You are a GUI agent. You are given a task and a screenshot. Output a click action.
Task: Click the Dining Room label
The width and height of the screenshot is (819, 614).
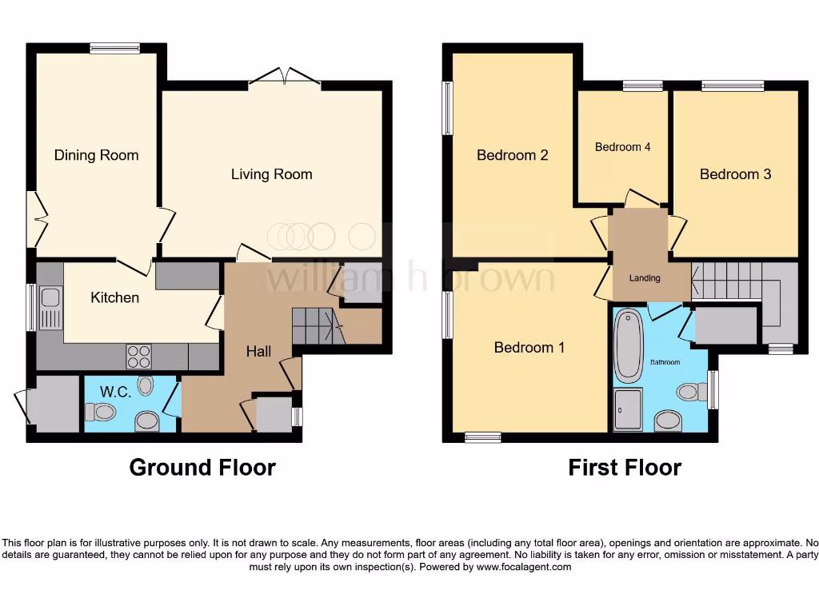pos(96,155)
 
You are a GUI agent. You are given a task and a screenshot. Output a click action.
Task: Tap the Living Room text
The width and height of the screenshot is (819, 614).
pos(271,174)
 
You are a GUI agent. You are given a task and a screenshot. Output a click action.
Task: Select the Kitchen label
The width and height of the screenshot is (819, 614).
pos(114,297)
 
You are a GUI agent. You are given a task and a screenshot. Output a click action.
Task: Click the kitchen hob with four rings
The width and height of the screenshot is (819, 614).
pos(138,354)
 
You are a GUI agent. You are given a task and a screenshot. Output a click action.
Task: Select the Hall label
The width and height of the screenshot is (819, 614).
pos(258,351)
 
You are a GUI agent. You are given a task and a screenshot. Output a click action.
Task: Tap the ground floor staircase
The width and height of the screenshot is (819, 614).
pos(316,325)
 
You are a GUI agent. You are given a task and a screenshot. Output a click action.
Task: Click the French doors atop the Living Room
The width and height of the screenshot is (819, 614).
pos(285,77)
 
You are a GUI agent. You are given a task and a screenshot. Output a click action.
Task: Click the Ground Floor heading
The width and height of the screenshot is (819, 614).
pos(202,468)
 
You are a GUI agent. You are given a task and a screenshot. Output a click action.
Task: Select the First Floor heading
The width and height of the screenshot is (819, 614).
pos(624,468)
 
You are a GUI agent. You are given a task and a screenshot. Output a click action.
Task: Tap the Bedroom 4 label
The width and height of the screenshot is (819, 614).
pos(622,147)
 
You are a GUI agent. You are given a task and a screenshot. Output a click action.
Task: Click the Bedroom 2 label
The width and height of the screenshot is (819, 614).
pos(512,155)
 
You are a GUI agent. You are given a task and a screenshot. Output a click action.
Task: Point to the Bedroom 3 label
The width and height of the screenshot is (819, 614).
pos(735,174)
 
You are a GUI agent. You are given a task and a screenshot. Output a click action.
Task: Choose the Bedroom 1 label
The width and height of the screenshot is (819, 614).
pos(529,347)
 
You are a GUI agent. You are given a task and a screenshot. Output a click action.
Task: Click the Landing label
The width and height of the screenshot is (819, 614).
pos(645,278)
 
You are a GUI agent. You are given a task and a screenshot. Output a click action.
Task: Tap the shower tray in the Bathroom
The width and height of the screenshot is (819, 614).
pos(627,409)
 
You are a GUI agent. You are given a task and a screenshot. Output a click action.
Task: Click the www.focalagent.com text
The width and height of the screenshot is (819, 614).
pos(524,567)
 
